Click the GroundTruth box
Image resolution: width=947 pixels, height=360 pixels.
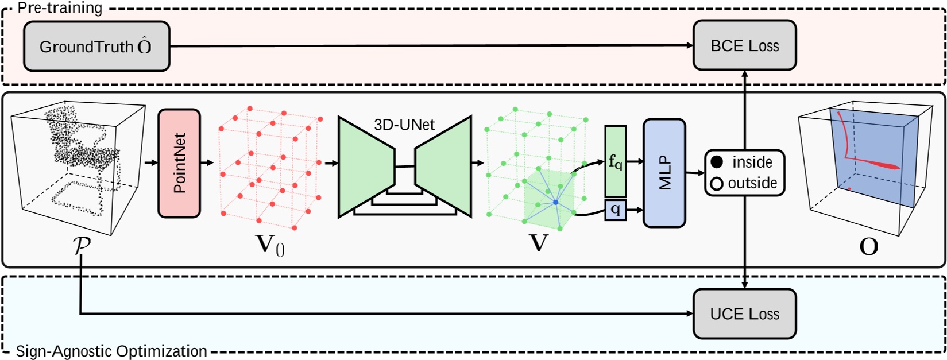pyautogui.click(x=96, y=47)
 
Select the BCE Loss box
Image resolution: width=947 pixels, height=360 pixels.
pyautogui.click(x=744, y=46)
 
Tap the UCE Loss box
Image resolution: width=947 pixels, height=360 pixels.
pyautogui.click(x=744, y=314)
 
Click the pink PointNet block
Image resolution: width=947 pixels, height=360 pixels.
pyautogui.click(x=179, y=164)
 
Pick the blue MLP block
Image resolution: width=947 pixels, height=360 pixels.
pyautogui.click(x=664, y=173)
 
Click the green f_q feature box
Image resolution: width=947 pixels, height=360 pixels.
pyautogui.click(x=615, y=162)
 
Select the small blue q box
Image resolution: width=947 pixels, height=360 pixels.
pyautogui.click(x=615, y=210)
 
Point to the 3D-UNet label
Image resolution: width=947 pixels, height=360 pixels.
pyautogui.click(x=404, y=125)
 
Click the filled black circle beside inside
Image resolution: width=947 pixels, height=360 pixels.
pyautogui.click(x=717, y=162)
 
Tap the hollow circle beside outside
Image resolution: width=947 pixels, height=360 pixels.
pyautogui.click(x=717, y=184)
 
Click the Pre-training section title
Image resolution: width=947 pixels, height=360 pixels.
pyautogui.click(x=60, y=8)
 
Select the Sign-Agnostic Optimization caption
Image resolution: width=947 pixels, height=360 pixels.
pyautogui.click(x=111, y=351)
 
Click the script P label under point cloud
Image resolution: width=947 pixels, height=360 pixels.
pyautogui.click(x=82, y=245)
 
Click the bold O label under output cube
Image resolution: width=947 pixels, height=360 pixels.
pyautogui.click(x=868, y=247)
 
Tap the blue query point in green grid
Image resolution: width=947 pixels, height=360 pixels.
pyautogui.click(x=555, y=203)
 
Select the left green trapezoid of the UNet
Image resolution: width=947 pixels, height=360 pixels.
pyautogui.click(x=366, y=167)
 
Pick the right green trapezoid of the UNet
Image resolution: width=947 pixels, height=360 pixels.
pyautogui.click(x=443, y=167)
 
